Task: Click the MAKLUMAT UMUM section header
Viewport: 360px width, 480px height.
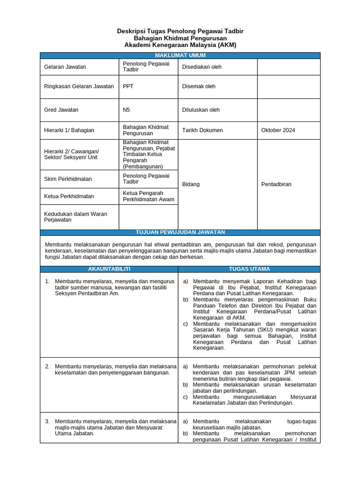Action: tap(180, 55)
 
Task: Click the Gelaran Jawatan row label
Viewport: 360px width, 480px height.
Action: tap(65, 67)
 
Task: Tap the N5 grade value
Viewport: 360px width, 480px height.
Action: tap(127, 110)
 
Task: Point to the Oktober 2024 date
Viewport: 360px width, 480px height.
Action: tap(278, 130)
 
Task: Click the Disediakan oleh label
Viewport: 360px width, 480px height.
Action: tap(202, 67)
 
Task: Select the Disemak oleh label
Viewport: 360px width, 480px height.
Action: tap(199, 86)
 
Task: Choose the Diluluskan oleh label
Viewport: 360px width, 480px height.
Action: tap(201, 110)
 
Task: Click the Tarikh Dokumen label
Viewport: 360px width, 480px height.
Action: tap(202, 130)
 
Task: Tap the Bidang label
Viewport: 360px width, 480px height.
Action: tap(191, 184)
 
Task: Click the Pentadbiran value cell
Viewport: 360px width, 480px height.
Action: tap(276, 184)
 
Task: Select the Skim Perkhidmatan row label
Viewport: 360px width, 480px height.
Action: tap(68, 179)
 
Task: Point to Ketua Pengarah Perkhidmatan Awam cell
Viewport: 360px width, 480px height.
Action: tap(148, 196)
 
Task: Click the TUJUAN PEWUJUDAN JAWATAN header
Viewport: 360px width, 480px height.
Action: tap(180, 232)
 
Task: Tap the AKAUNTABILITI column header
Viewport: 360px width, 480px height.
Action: tap(109, 269)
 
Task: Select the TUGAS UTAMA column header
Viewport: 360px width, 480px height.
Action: tap(249, 269)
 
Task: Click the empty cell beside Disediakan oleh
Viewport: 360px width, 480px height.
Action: tap(288, 67)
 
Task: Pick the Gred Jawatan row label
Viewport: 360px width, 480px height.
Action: tap(61, 110)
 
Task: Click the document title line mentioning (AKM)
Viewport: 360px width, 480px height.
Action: tap(180, 45)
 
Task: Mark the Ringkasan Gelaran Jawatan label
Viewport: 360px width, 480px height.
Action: tap(79, 86)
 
